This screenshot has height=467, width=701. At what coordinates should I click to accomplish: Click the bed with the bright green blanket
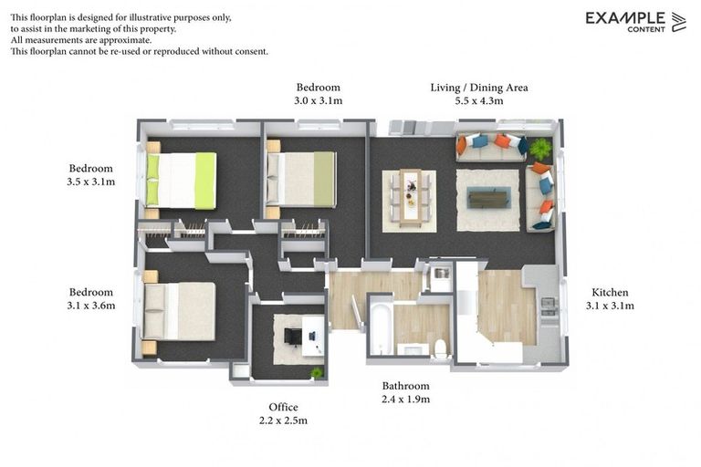click(x=182, y=180)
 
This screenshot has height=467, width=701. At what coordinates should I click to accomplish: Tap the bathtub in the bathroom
click(x=381, y=330)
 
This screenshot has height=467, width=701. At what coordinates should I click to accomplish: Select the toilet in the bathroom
click(x=440, y=346)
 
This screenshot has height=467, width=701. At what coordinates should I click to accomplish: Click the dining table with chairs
click(x=409, y=198)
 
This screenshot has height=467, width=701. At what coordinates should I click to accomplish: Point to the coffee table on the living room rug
click(x=488, y=198)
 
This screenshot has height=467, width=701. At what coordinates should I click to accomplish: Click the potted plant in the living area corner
click(x=540, y=147)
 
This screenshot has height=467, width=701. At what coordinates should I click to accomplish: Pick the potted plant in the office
click(x=316, y=372)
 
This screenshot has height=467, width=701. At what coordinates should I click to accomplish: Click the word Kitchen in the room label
click(x=609, y=293)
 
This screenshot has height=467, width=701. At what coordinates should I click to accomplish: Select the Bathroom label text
click(x=405, y=386)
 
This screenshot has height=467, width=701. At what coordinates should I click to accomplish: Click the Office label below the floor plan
click(x=283, y=407)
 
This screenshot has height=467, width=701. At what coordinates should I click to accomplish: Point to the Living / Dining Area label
click(x=479, y=88)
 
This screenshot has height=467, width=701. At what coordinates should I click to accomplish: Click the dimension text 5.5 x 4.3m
click(x=479, y=101)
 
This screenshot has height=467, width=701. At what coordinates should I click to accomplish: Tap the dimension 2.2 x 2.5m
click(x=283, y=420)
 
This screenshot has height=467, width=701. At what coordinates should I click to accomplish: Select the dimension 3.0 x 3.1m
click(x=318, y=101)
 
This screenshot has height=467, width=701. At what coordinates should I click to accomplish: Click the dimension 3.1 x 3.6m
click(x=91, y=306)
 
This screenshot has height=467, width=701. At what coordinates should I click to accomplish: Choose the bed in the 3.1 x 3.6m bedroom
click(x=179, y=311)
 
